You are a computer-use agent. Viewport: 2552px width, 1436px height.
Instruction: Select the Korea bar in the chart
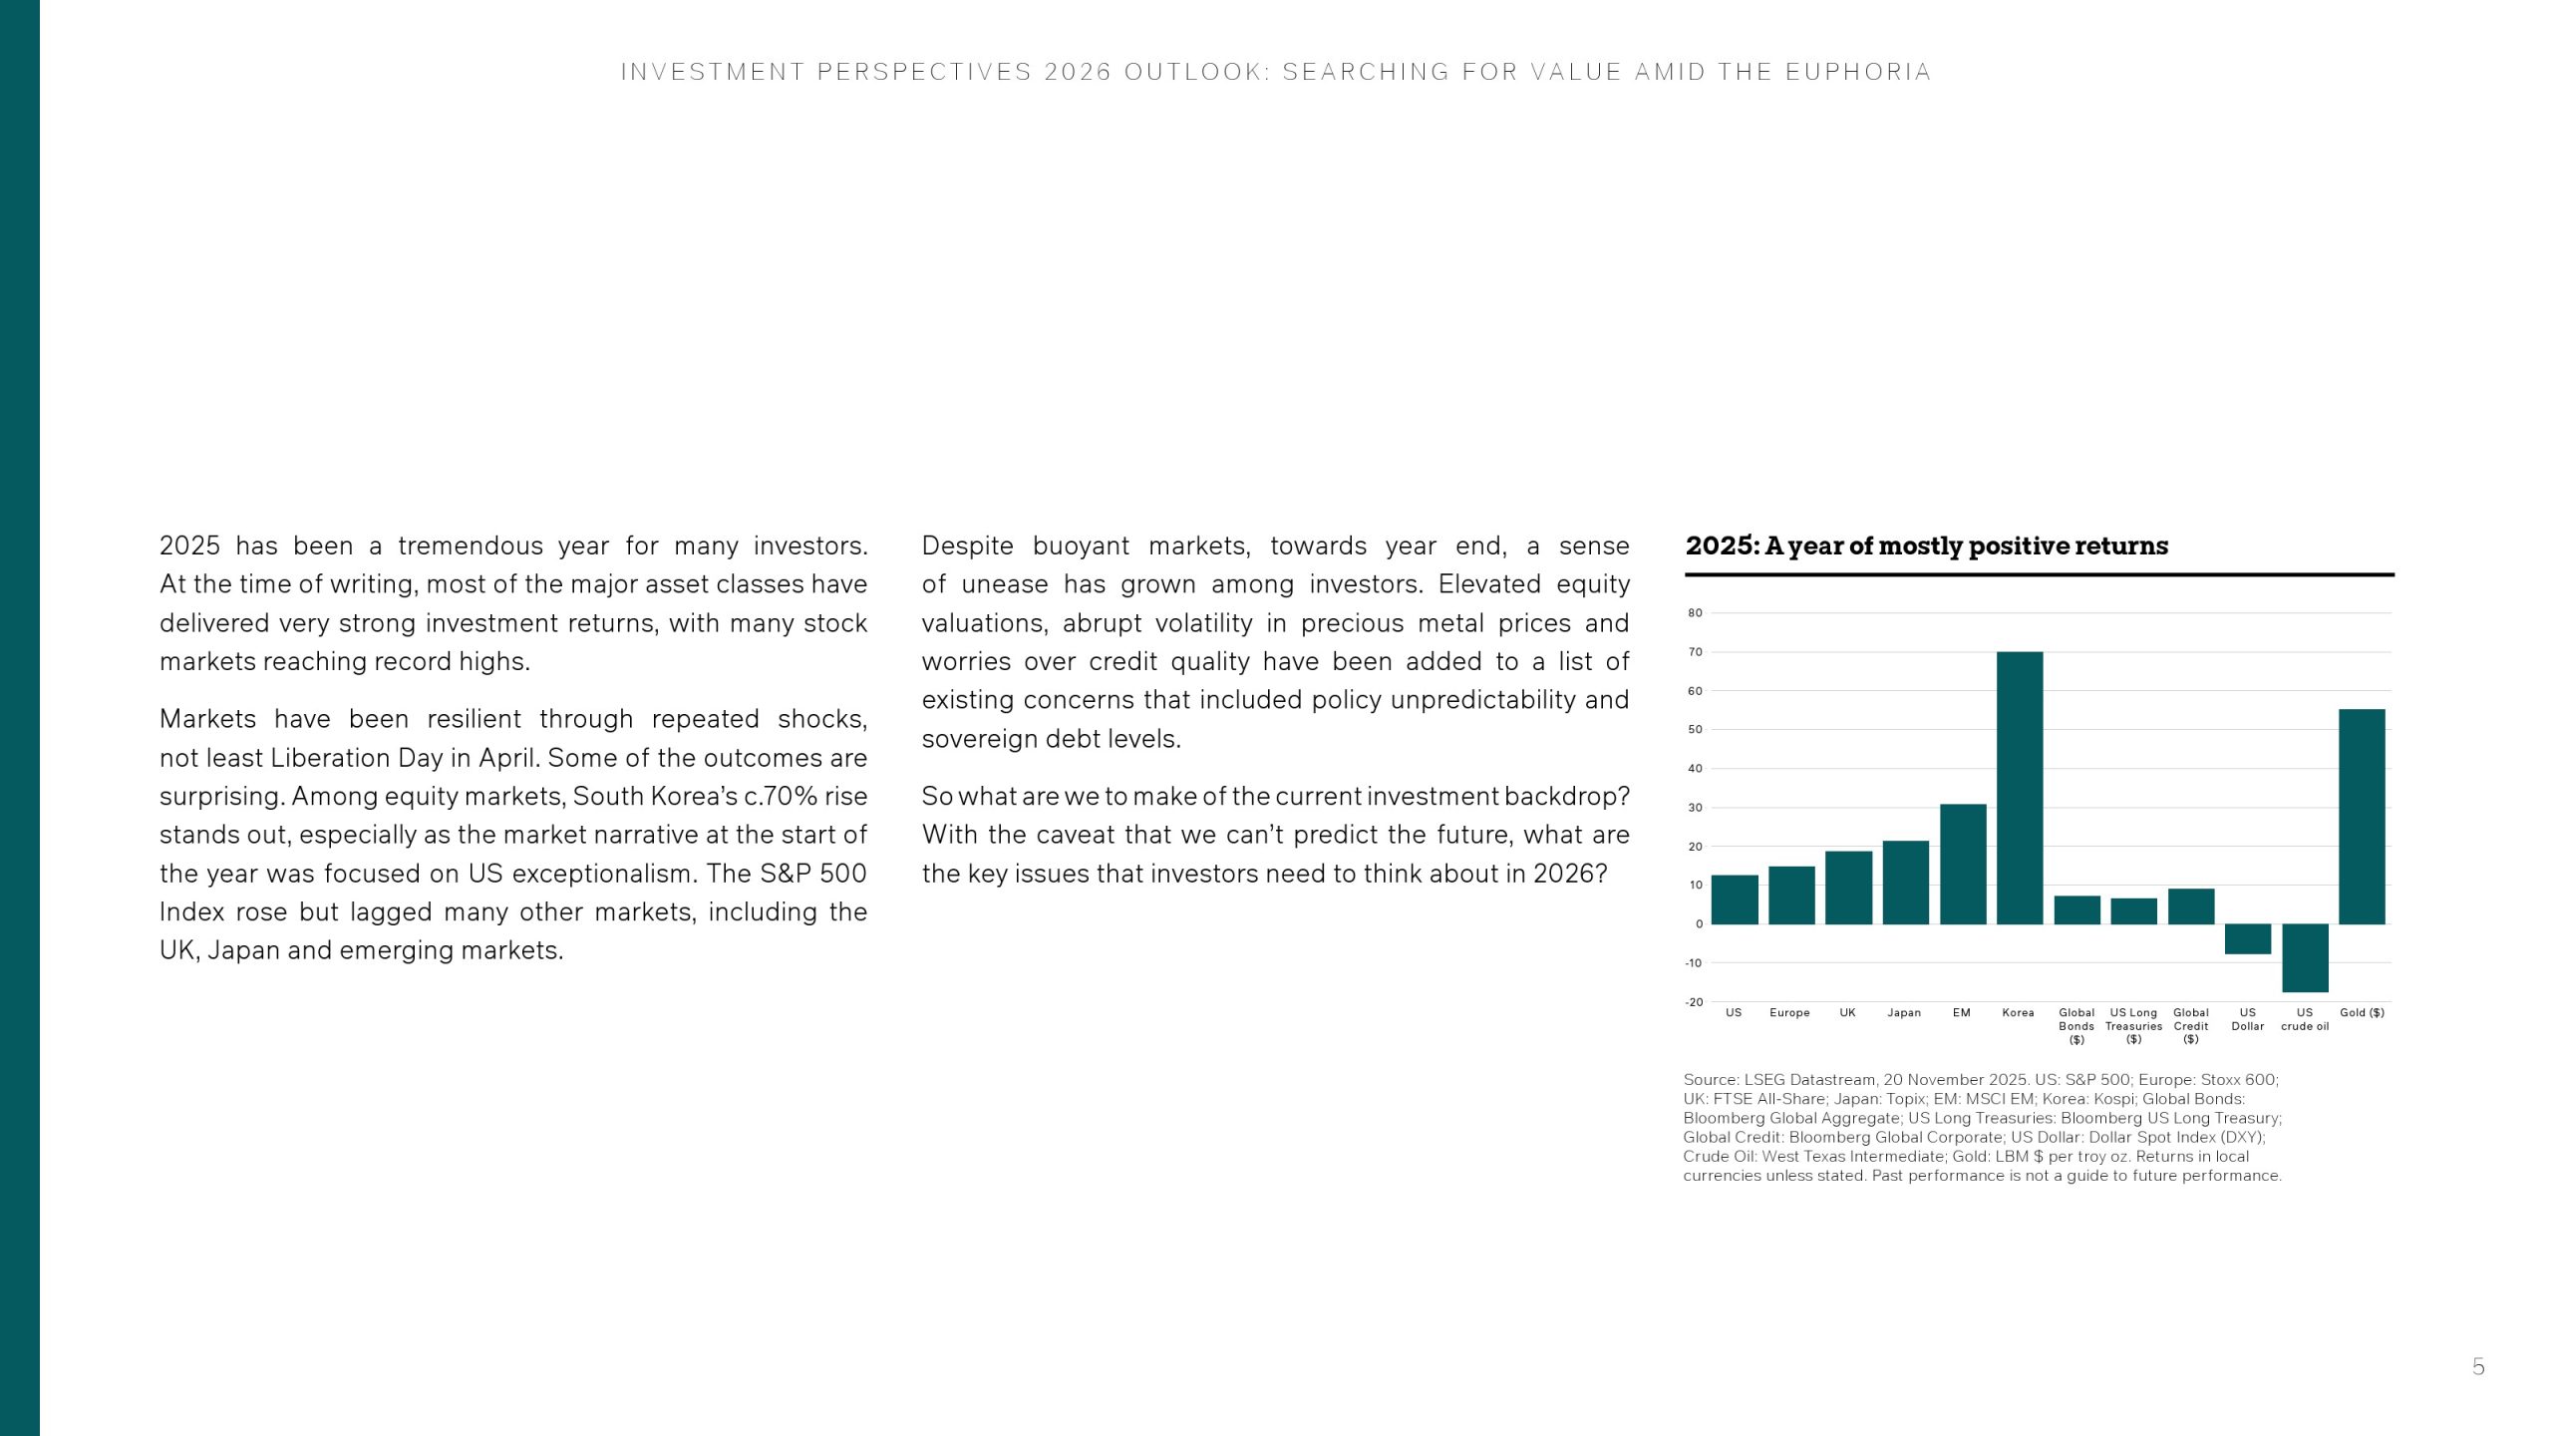click(x=2020, y=788)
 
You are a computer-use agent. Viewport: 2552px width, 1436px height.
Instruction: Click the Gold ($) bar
click(x=2362, y=817)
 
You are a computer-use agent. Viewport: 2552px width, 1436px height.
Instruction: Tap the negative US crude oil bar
click(x=2305, y=957)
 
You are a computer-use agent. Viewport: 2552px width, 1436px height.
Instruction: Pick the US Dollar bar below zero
click(x=2248, y=938)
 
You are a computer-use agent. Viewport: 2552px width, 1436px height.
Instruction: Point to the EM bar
click(x=1963, y=864)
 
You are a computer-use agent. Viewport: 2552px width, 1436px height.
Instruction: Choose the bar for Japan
click(x=1905, y=883)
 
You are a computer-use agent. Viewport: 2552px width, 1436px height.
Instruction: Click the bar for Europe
click(x=1791, y=895)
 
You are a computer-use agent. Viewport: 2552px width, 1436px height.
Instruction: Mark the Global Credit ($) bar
click(x=2191, y=906)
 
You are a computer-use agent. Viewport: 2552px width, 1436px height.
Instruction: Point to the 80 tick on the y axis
click(x=1696, y=613)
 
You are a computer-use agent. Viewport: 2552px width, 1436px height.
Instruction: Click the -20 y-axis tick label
click(x=1694, y=1002)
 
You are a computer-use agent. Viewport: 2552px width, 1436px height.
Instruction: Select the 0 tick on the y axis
click(x=1699, y=924)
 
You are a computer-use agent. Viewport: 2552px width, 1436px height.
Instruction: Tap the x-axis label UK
click(x=1847, y=1013)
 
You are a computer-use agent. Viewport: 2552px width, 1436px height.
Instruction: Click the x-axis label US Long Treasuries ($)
click(x=2133, y=1026)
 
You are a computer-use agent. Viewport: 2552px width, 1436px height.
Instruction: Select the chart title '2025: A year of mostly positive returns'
click(x=1926, y=546)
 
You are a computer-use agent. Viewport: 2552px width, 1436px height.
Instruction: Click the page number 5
click(x=2478, y=1367)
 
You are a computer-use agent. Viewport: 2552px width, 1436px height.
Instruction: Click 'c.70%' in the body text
click(x=780, y=797)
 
